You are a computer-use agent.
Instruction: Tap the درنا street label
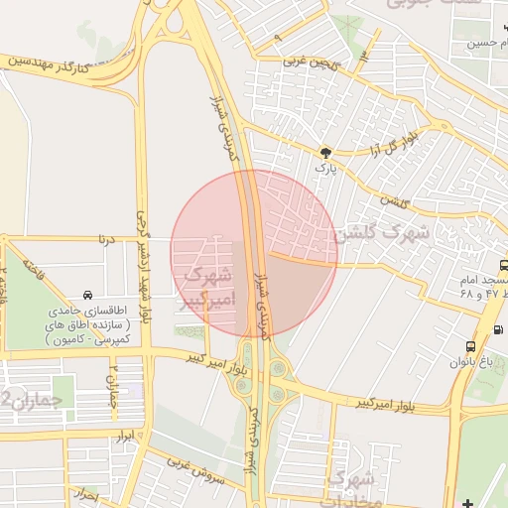tap(104, 239)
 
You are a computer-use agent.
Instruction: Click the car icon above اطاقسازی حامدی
tap(88, 295)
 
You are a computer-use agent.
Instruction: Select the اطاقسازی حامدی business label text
tap(88, 323)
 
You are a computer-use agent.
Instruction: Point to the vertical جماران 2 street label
tap(113, 378)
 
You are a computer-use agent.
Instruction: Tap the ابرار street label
tap(125, 436)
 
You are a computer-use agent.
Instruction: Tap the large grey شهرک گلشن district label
tap(381, 233)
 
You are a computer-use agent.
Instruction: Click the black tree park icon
tap(325, 152)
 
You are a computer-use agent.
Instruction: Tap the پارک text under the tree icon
tap(325, 169)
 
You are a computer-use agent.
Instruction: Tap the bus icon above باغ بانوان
tap(470, 347)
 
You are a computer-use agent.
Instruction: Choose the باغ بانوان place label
tap(470, 362)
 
